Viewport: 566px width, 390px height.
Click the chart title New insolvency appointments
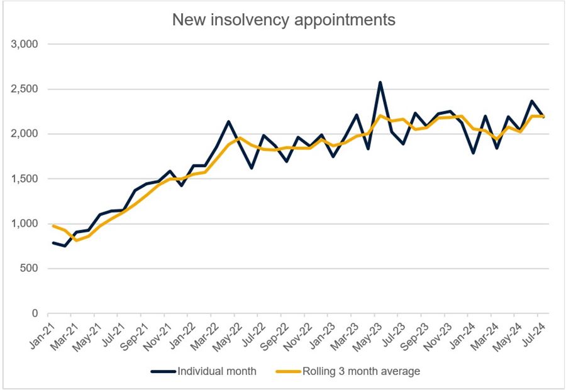tap(284, 20)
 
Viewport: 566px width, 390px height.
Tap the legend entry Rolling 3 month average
tap(362, 371)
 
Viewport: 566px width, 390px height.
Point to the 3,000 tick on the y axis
tap(25, 45)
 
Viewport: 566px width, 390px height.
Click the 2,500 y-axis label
tap(25, 89)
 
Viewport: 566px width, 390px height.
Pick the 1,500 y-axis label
tap(25, 179)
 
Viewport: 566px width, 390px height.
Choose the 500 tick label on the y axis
tap(30, 269)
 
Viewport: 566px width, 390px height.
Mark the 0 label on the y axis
tap(35, 313)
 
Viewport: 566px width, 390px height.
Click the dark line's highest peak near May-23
tap(380, 82)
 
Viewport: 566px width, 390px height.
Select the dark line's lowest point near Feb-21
tap(65, 246)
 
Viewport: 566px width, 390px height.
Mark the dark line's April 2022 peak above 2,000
tap(228, 121)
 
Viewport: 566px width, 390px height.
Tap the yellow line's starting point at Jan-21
tap(53, 225)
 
